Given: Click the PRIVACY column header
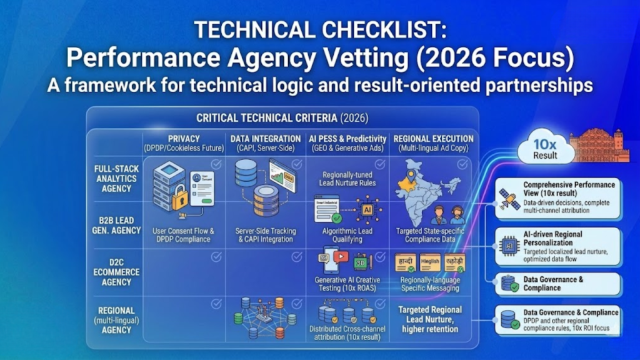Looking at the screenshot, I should click(x=183, y=139).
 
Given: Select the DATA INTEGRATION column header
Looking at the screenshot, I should click(x=265, y=139).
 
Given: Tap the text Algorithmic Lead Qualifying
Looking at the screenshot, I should click(x=347, y=234).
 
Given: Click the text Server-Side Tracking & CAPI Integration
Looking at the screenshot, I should click(x=266, y=235).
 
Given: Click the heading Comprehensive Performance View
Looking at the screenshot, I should click(x=569, y=188).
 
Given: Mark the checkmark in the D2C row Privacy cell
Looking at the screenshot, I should click(x=216, y=257).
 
